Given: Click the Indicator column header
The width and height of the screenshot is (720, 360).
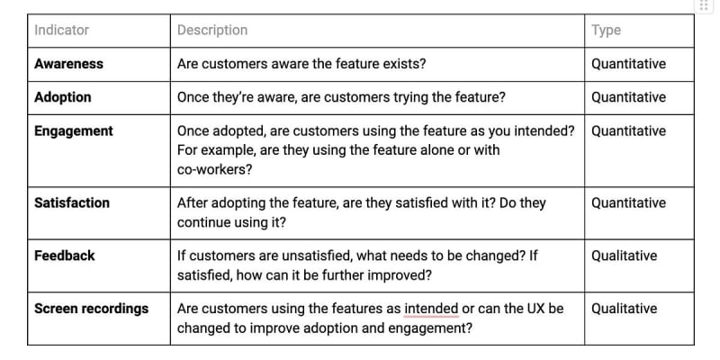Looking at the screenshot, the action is [61, 31].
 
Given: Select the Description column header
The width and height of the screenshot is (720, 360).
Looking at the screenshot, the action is [212, 31].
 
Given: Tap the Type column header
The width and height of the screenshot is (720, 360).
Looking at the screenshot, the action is [606, 31].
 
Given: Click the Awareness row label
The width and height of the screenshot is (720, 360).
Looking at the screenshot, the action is [69, 64].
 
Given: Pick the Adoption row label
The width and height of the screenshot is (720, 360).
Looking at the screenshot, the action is [63, 97].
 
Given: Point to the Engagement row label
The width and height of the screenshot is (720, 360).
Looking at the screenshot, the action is [74, 131].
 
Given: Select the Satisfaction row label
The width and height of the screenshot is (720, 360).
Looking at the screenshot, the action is [72, 203].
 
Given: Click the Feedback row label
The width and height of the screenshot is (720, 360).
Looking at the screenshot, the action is [65, 256].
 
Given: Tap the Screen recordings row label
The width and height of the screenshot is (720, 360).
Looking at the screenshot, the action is [92, 309].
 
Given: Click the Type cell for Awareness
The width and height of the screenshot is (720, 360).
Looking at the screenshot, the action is [628, 64].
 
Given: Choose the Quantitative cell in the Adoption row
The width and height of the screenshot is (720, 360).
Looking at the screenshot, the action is [628, 97].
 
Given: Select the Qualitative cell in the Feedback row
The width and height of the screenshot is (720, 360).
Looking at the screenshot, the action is [624, 256].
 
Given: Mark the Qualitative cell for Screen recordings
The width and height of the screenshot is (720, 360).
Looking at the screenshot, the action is [624, 309].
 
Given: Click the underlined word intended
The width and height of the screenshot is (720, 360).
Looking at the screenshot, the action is [431, 309].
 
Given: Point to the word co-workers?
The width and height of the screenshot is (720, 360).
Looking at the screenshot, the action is [215, 170].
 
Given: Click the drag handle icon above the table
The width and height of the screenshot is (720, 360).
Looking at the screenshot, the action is [704, 5].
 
